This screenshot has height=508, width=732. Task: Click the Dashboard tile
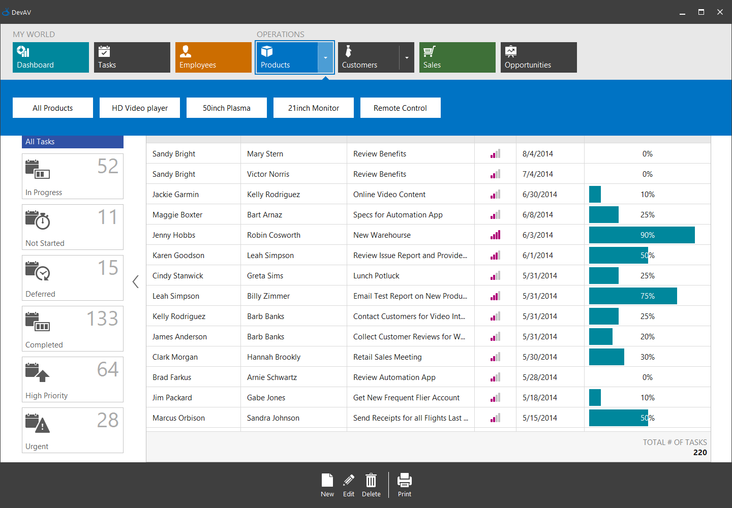point(51,57)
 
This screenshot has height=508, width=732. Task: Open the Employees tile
point(213,57)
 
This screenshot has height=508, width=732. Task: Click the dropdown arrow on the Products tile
point(325,57)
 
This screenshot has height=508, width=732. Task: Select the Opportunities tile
point(539,57)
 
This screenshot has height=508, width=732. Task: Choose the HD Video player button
point(140,108)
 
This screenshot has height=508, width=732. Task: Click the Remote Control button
point(400,108)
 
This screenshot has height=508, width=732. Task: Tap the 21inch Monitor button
point(313,108)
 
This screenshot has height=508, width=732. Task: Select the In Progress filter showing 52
point(73,176)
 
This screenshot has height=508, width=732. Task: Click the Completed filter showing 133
point(73,329)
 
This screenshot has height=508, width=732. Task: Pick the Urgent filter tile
point(73,430)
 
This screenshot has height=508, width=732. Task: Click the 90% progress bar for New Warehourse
point(642,235)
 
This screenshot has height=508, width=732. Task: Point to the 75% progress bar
point(633,296)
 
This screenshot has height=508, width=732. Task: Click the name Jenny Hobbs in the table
point(174,235)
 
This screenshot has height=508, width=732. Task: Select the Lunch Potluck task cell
point(376,276)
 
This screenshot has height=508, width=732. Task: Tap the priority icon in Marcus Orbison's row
point(495,418)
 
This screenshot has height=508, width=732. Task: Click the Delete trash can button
point(371,485)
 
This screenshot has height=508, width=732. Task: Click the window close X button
point(720,12)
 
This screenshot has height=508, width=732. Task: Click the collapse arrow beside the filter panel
point(135,281)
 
